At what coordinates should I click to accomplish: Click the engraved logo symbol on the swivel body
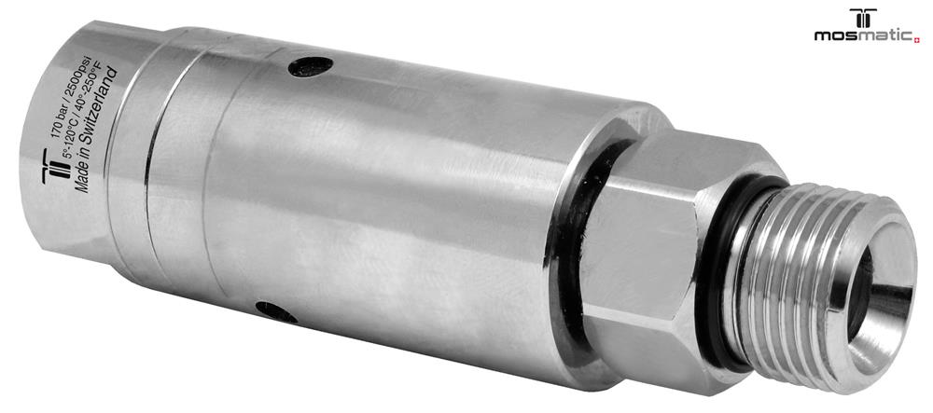pos(52,166)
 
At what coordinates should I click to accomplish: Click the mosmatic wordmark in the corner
pos(864,35)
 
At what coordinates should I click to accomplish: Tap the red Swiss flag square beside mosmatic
pos(917,40)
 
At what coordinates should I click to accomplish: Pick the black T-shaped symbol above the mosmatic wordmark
pos(863,17)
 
